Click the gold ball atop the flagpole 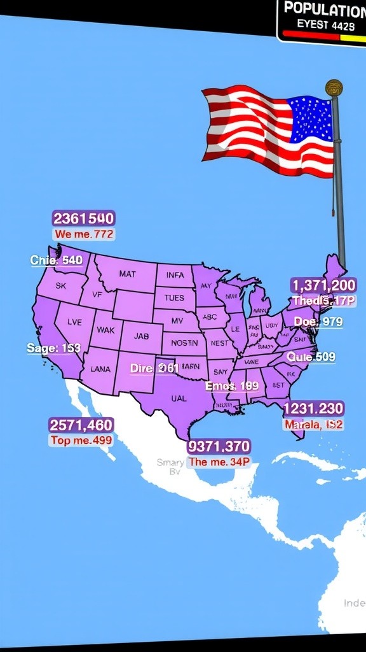[x=334, y=87]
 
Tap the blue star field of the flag [x=311, y=119]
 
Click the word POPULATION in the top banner [x=324, y=9]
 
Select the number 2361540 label [x=84, y=219]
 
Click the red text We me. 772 [x=84, y=234]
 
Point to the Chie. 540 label [x=57, y=260]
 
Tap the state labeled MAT [x=127, y=274]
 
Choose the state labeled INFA [x=175, y=275]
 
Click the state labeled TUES [x=174, y=297]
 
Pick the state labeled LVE [x=74, y=322]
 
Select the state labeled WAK [x=105, y=330]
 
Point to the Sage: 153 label [x=54, y=348]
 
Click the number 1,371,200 [x=323, y=285]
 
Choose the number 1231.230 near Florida [x=313, y=408]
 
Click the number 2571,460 [x=81, y=425]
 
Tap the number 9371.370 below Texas [x=219, y=446]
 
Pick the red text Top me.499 [x=81, y=440]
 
